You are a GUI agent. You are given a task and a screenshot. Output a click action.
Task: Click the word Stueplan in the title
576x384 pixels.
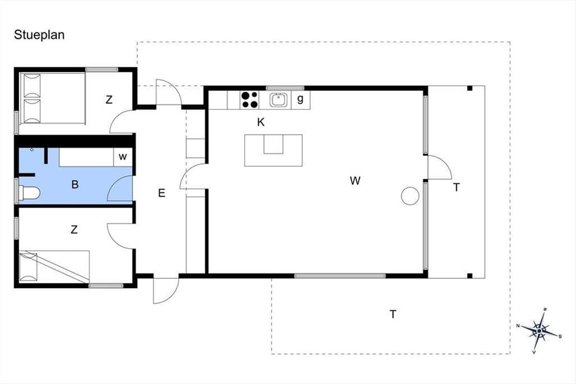point(39,35)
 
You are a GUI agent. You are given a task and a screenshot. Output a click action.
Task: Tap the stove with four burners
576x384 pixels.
point(249,100)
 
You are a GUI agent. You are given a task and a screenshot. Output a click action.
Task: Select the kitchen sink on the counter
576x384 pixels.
point(278,100)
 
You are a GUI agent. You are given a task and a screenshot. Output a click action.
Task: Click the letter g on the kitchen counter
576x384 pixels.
point(300,99)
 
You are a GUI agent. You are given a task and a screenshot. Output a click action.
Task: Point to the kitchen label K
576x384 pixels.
point(261,122)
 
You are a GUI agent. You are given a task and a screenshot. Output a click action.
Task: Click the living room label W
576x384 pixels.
point(355,181)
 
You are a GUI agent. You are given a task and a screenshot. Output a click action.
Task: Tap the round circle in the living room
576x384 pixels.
point(410,196)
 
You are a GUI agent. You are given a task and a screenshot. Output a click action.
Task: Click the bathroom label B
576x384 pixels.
point(75,184)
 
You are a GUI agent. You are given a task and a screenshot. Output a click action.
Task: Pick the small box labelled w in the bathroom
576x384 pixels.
point(123,157)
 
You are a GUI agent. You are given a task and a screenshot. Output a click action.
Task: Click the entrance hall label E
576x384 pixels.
point(162,193)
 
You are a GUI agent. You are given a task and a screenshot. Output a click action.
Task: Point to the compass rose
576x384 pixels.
point(540,330)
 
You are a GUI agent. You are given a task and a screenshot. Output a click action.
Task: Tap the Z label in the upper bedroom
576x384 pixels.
point(109,100)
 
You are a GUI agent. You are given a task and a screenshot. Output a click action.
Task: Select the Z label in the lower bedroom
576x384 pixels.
point(74,230)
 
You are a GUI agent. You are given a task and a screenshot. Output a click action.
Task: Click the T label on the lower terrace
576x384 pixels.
point(393,314)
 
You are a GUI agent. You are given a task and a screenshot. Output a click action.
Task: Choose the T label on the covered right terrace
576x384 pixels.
point(456,188)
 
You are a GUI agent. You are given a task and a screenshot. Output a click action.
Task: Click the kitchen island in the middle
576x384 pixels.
point(273,150)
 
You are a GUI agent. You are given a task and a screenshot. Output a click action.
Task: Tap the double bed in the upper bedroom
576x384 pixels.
point(52,98)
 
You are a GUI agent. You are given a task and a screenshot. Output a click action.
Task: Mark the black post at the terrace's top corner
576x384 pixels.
point(469,88)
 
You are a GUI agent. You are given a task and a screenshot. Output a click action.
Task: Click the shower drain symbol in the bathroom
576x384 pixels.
point(32,150)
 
